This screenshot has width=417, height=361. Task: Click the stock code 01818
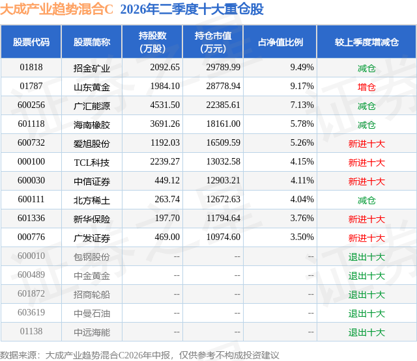pos(31,68)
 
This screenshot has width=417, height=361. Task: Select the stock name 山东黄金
pos(92,87)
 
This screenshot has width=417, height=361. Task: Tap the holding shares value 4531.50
pos(165,105)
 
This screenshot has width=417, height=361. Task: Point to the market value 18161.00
pos(223,124)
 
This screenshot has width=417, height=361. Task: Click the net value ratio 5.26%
pos(302,143)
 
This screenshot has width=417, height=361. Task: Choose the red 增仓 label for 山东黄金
pos(366,87)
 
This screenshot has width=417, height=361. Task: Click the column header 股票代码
pos(31,42)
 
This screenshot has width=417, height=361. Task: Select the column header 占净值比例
pos(280,42)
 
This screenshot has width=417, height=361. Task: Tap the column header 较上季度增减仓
pos(367,42)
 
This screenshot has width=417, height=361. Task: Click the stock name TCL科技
pos(92,163)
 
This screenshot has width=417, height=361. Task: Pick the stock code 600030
pos(31,181)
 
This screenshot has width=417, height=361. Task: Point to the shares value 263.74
pos(167,199)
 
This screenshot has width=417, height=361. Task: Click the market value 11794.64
pos(223,218)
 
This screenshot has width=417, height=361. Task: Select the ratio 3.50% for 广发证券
pos(302,237)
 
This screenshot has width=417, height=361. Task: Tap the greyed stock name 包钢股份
pos(92,257)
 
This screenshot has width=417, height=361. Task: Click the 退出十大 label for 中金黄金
pos(366,276)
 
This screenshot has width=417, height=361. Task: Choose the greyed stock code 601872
pos(31,293)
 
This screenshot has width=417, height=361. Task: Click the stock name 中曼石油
pos(92,314)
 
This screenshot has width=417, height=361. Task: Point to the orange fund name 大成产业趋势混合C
pos(57,9)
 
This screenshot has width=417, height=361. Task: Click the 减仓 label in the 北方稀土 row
pos(366,200)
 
